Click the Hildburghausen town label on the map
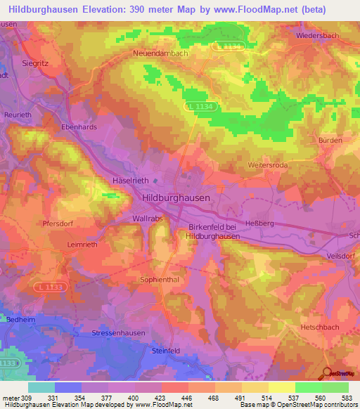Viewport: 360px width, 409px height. tap(176, 198)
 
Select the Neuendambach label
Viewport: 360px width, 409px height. tap(160, 53)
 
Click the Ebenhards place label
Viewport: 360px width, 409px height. tap(78, 128)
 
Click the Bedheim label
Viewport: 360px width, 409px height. tap(18, 318)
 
